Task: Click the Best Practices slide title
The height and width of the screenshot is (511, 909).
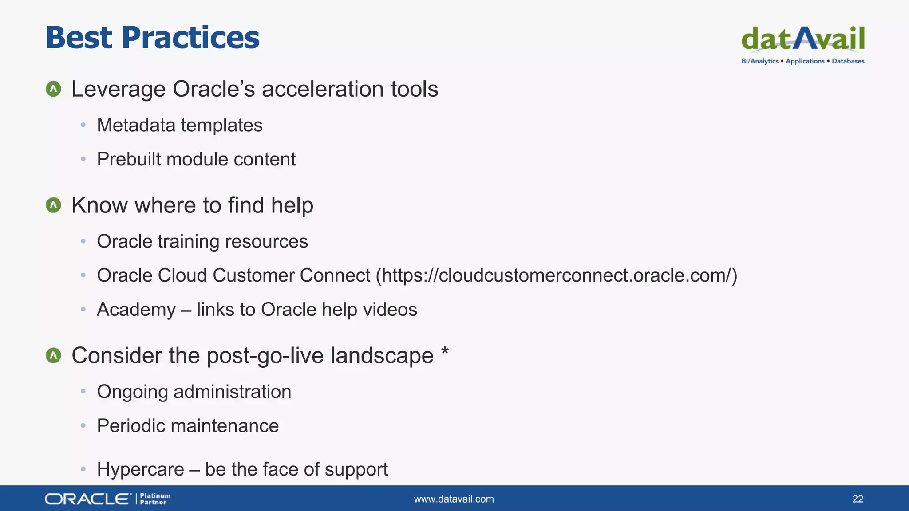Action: click(x=152, y=38)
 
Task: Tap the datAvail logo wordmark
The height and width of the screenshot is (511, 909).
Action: click(x=802, y=39)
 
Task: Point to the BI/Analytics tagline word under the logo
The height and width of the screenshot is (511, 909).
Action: click(x=759, y=61)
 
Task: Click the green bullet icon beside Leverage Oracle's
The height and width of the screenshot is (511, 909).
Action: click(x=54, y=89)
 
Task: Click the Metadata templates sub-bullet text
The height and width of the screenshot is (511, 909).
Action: click(x=179, y=126)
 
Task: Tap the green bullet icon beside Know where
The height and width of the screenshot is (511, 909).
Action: click(x=54, y=205)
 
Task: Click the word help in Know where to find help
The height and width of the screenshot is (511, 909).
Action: click(x=292, y=205)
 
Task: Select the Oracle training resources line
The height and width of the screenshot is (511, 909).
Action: click(x=202, y=242)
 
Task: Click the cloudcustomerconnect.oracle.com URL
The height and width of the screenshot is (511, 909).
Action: click(x=557, y=275)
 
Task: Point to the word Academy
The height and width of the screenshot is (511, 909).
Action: click(x=136, y=310)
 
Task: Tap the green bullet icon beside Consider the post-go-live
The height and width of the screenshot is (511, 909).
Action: click(x=54, y=355)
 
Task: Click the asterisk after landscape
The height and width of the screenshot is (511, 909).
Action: click(x=445, y=353)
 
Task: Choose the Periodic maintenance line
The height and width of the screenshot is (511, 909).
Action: click(x=187, y=426)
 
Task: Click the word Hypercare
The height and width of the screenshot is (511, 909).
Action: click(x=140, y=469)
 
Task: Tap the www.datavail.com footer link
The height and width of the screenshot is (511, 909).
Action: click(x=454, y=499)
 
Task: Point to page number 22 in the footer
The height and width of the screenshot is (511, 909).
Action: click(x=858, y=499)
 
